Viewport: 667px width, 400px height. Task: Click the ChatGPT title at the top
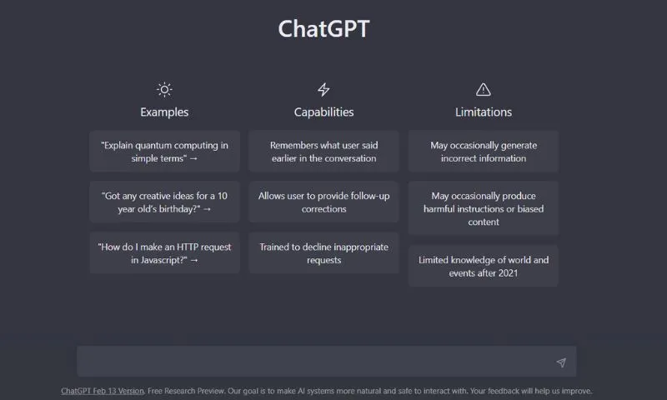[x=323, y=28]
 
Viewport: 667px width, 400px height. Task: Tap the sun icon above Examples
[x=164, y=89]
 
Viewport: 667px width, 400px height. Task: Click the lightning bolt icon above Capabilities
[x=323, y=89]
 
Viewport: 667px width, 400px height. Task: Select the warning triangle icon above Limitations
[x=483, y=89]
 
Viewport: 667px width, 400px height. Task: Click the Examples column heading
[x=164, y=112]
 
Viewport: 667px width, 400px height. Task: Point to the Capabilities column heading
[x=323, y=112]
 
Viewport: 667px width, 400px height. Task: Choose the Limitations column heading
[x=483, y=112]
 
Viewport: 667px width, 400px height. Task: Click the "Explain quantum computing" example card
[x=164, y=152]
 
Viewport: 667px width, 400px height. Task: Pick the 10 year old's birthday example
[x=164, y=202]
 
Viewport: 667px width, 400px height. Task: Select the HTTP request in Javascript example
[x=164, y=253]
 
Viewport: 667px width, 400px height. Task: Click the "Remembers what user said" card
[x=323, y=152]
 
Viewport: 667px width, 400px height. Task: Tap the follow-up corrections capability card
[x=323, y=202]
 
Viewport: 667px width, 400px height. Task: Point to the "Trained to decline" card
[x=323, y=253]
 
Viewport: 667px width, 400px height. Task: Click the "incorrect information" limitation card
[x=483, y=152]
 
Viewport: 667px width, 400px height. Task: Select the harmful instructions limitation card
[x=483, y=208]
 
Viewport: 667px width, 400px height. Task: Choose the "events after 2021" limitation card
[x=483, y=266]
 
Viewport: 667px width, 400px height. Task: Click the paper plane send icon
[x=560, y=362]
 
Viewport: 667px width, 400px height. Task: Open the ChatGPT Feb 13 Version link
[x=103, y=391]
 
